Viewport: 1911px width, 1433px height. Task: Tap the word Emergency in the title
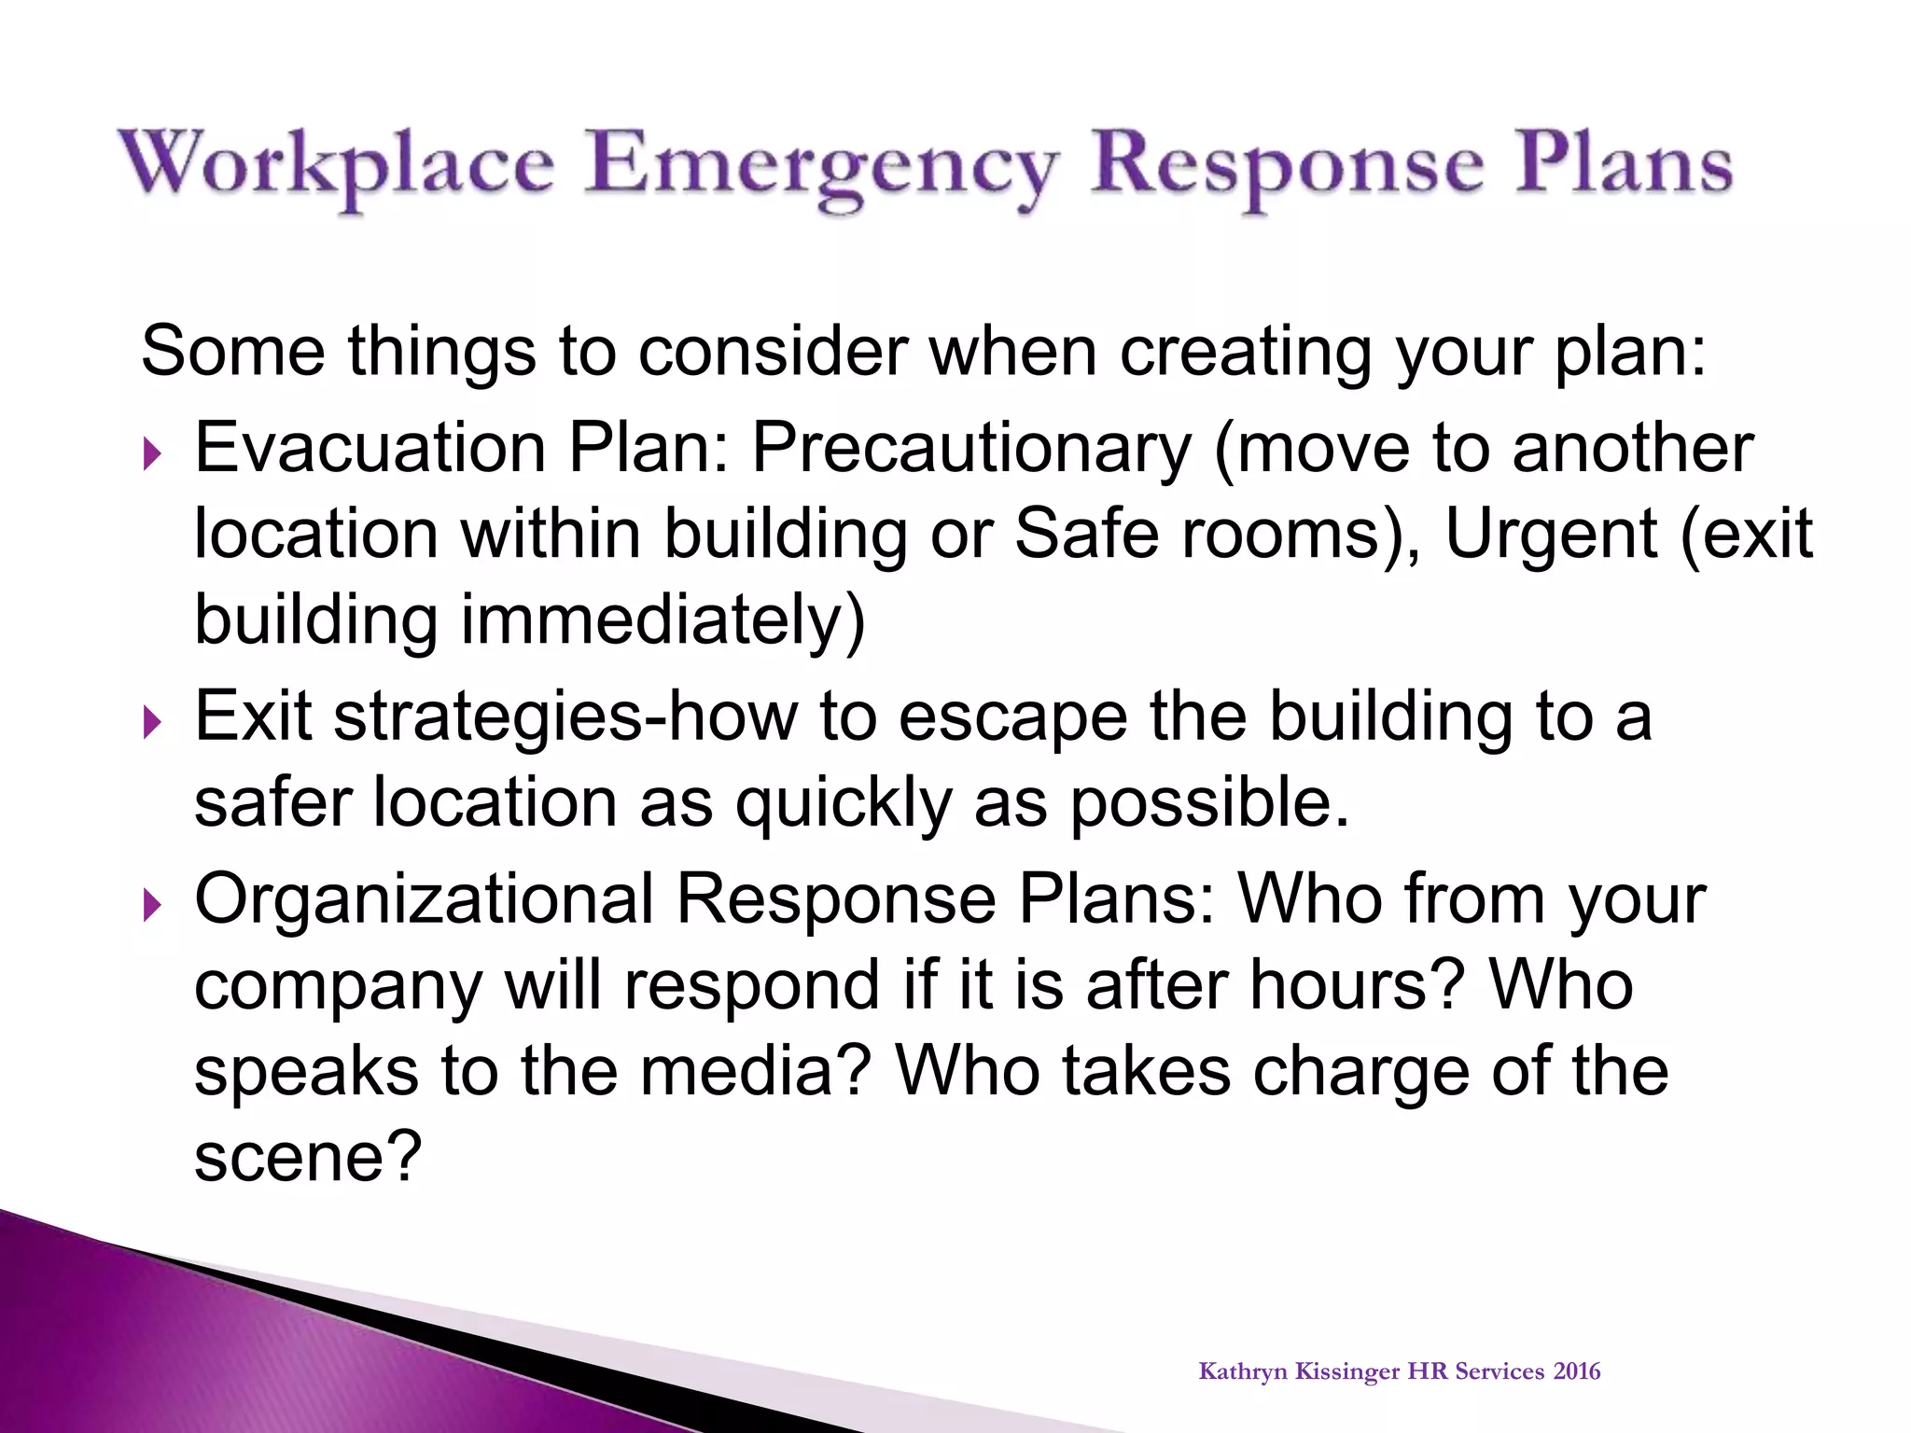coord(821,168)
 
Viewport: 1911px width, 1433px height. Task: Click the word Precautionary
coord(971,449)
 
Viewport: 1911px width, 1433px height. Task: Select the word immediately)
coord(663,621)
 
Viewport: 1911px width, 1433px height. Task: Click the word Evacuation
coord(370,449)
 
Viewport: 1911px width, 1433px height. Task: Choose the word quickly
coord(843,804)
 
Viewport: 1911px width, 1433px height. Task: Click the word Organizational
coord(424,899)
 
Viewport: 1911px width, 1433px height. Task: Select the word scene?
coord(308,1157)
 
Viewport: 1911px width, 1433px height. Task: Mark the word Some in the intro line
coord(233,352)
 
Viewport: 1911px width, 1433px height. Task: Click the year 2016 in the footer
coord(1577,1371)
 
